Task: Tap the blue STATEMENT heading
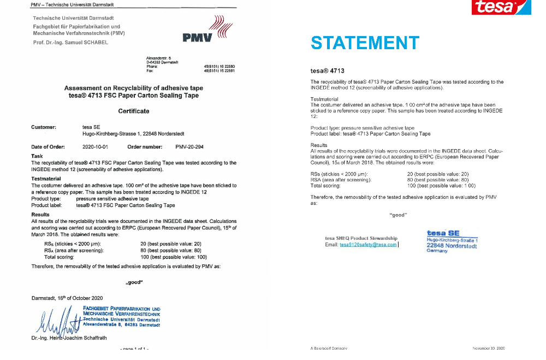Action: pos(365,43)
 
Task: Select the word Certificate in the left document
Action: pos(134,111)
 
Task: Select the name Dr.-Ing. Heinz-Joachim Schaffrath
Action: pos(69,338)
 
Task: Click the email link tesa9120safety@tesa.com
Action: pos(368,245)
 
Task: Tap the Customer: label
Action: pos(44,127)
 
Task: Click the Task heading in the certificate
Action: pos(37,156)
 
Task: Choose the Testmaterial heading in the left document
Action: pos(46,179)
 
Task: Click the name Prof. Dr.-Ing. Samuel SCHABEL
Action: pos(70,42)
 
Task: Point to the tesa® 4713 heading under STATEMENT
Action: pos(327,71)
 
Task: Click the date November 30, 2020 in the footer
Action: pos(489,347)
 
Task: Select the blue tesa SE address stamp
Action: pos(452,241)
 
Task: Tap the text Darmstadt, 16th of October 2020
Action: pos(67,298)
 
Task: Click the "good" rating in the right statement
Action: pos(398,215)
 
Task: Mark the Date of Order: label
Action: pos(48,146)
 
